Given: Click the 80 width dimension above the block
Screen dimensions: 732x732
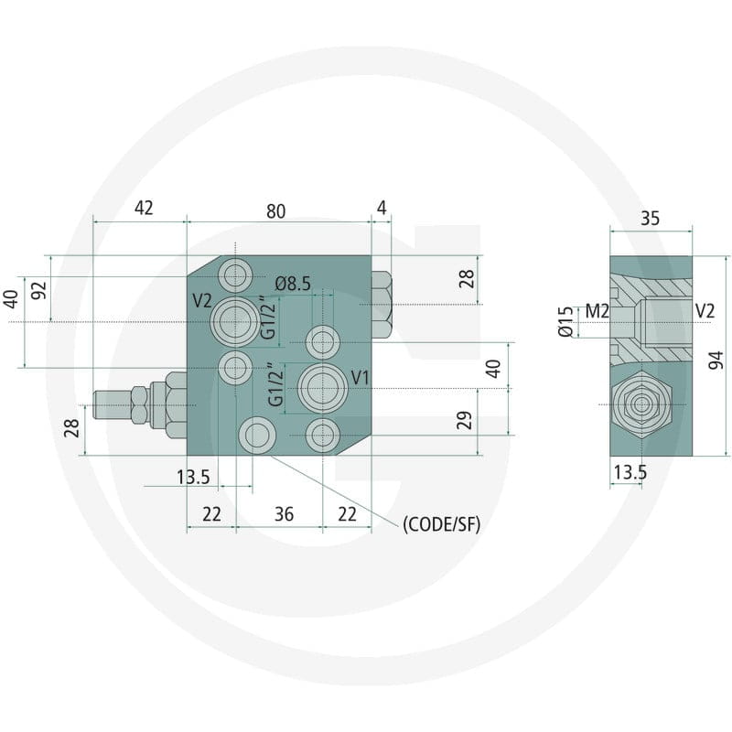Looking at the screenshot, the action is (x=275, y=211).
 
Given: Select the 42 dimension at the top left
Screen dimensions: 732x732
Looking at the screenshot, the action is (x=144, y=208).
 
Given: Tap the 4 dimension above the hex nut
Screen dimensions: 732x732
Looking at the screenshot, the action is (x=382, y=208).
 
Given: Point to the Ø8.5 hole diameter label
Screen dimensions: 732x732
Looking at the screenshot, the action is (x=293, y=284).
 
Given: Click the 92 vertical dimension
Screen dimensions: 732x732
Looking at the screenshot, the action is (x=41, y=290).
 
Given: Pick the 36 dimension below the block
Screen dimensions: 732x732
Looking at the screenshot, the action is (x=284, y=514).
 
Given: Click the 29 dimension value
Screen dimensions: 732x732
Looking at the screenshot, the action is (x=465, y=420).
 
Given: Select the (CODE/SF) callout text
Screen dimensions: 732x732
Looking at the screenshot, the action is (x=441, y=524).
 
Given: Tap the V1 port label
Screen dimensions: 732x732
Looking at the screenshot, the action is (x=360, y=378).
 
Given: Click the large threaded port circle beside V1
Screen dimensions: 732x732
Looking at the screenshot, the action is (x=322, y=389).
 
